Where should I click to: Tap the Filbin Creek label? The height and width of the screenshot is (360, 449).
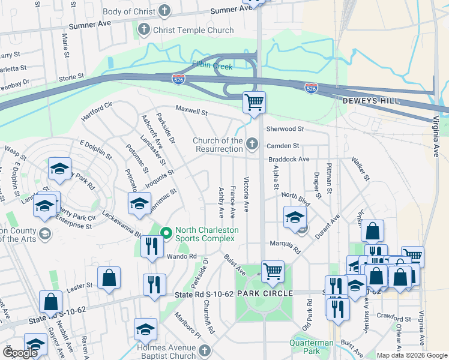pyautogui.click(x=212, y=66)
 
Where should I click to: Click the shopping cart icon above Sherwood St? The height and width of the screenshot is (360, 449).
pyautogui.click(x=254, y=102)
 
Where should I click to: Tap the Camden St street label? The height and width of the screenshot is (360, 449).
pyautogui.click(x=283, y=146)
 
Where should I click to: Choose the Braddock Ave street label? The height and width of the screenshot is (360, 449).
pyautogui.click(x=289, y=160)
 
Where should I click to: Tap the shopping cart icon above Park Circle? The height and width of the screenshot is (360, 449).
pyautogui.click(x=273, y=271)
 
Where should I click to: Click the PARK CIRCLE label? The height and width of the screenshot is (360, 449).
pyautogui.click(x=265, y=293)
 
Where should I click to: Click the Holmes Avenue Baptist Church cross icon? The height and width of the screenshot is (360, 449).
pyautogui.click(x=203, y=350)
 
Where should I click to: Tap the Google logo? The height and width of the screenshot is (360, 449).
pyautogui.click(x=20, y=353)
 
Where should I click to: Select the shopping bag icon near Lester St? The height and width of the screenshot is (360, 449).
pyautogui.click(x=109, y=278)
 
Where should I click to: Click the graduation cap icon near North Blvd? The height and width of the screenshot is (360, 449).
pyautogui.click(x=295, y=217)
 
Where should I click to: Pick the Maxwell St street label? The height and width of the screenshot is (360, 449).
pyautogui.click(x=191, y=111)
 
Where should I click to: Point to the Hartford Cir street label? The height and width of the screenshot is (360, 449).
pyautogui.click(x=97, y=112)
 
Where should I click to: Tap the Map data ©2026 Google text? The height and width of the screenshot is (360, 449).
pyautogui.click(x=411, y=355)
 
